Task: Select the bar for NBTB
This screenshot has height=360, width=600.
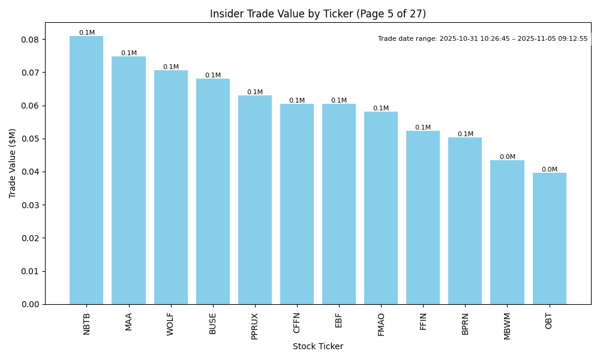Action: (86, 170)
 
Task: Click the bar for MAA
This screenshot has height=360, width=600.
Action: (128, 180)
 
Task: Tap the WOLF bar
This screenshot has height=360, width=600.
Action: (170, 187)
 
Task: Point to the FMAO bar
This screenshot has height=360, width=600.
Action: (381, 208)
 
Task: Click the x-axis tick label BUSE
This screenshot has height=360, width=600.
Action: (213, 323)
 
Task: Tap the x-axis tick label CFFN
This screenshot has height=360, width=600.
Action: (297, 323)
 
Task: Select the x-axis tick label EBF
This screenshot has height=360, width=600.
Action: (339, 321)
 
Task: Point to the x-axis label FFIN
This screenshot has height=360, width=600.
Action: (423, 322)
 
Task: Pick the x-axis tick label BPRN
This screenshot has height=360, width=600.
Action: (465, 323)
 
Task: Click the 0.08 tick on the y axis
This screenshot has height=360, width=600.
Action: (31, 40)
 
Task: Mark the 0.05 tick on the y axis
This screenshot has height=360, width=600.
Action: (31, 139)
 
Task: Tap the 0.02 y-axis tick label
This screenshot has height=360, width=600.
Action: (31, 238)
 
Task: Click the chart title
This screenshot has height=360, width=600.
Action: (317, 14)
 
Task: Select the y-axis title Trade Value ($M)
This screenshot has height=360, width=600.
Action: (13, 163)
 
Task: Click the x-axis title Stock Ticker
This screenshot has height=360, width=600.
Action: (317, 347)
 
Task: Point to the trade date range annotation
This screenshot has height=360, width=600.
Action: (483, 38)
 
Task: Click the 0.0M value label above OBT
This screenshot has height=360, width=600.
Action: (549, 170)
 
